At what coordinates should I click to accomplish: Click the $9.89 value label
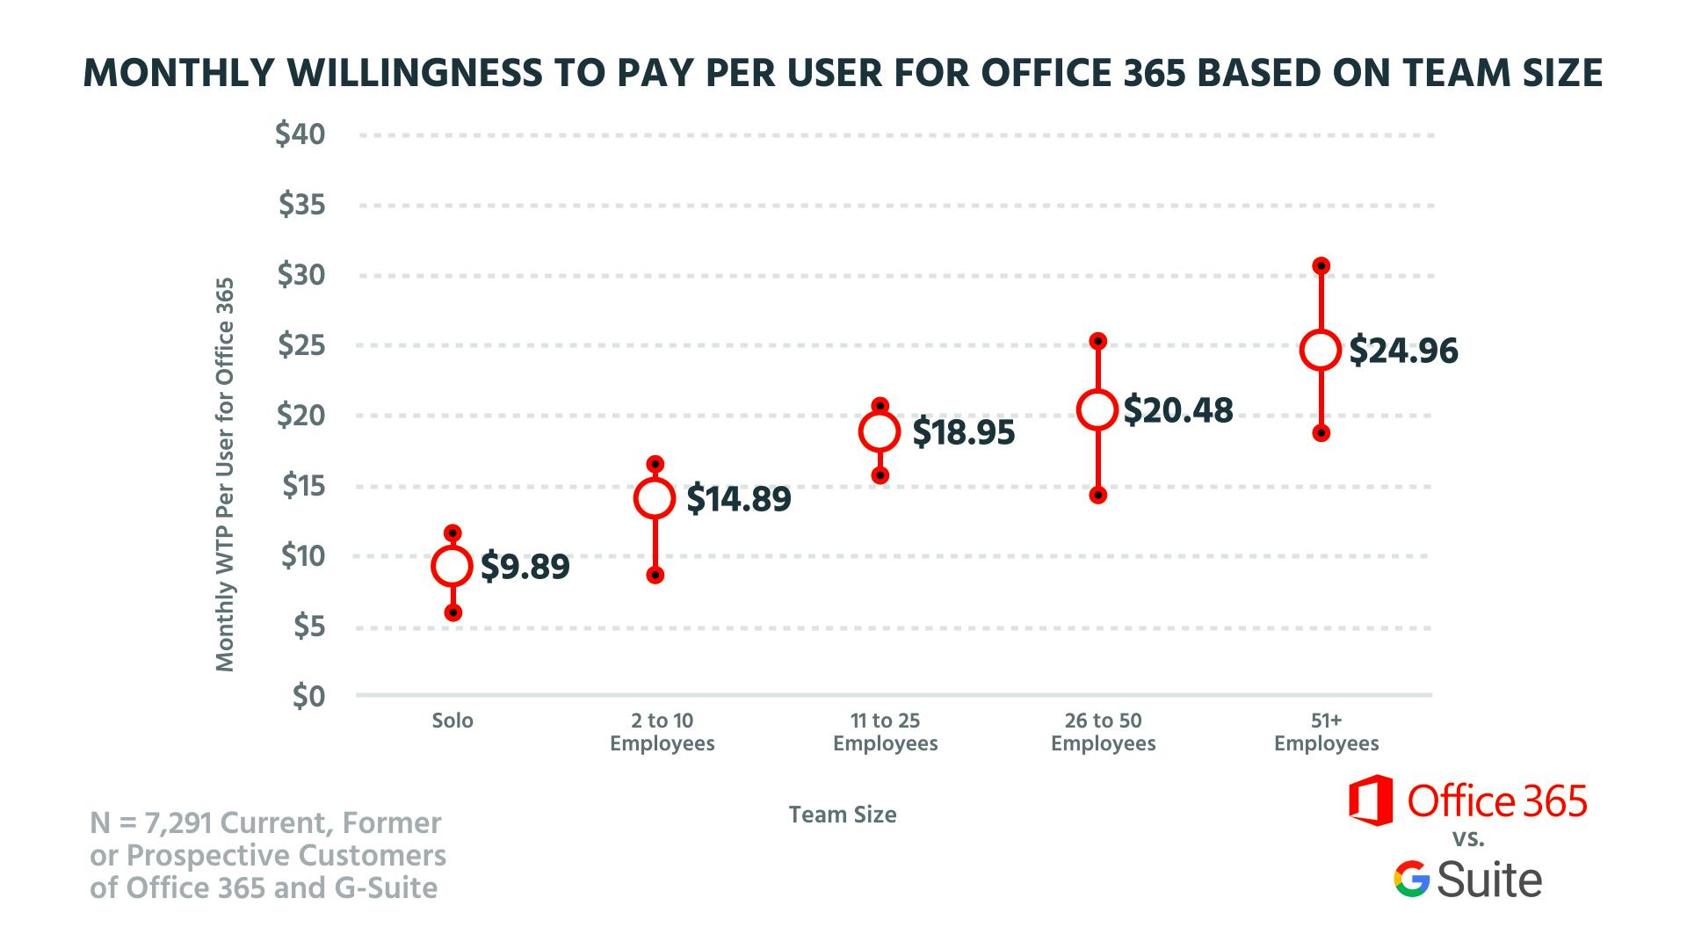pos(525,567)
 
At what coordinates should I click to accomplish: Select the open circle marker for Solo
pos(453,567)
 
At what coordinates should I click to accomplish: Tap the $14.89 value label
pos(738,499)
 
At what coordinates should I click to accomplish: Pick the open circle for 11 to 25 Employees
pos(880,431)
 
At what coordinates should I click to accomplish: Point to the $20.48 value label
pos(1178,410)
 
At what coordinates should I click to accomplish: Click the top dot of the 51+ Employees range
pos(1321,265)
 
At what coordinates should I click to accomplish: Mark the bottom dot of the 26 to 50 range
pos(1098,496)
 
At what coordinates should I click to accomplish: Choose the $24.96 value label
pos(1403,351)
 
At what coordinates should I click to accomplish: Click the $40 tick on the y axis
pos(300,134)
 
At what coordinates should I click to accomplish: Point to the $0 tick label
pos(307,696)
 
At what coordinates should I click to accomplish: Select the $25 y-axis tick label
pos(301,345)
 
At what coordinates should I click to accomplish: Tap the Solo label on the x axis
pos(453,721)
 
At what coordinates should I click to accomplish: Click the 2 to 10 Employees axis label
pos(662,732)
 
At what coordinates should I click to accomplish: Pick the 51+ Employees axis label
pos(1326,732)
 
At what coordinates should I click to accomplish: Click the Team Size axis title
pos(843,815)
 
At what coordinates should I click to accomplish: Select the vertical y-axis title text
pos(226,474)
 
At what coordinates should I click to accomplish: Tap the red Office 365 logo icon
pos(1371,800)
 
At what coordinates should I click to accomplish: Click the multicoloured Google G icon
pos(1411,879)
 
